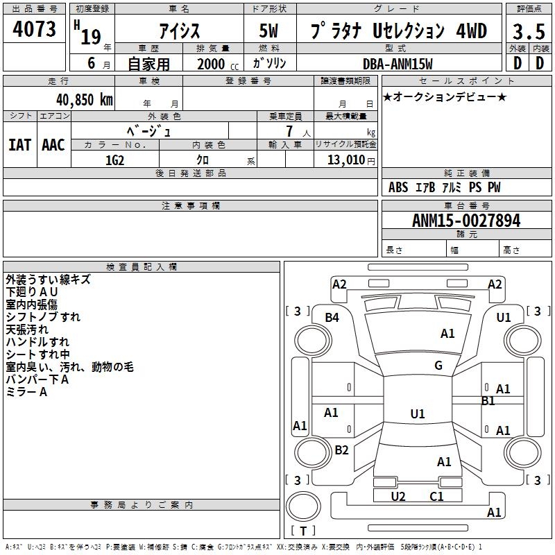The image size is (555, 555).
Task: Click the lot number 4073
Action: [x=34, y=29]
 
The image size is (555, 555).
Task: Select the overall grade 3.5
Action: [x=529, y=32]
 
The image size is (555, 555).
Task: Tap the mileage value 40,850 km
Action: [x=85, y=100]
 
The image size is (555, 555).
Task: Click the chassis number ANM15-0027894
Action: [x=466, y=221]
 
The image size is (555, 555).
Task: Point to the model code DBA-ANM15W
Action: [x=398, y=64]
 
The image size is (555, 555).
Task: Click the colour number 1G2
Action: [x=114, y=160]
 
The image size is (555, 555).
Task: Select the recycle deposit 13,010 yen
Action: [x=351, y=160]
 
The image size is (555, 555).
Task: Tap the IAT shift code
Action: [x=19, y=145]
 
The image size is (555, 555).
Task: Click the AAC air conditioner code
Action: [x=53, y=145]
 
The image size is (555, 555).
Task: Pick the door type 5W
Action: [x=268, y=31]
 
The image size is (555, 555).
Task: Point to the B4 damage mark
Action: [x=332, y=318]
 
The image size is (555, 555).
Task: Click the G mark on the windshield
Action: [x=438, y=365]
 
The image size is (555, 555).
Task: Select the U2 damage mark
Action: [x=398, y=496]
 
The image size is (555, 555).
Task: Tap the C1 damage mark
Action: [x=436, y=496]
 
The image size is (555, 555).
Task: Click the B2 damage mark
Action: [x=341, y=450]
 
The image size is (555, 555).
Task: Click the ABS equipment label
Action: [x=398, y=187]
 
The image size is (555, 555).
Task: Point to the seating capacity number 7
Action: [x=289, y=131]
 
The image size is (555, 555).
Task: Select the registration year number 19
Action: [x=91, y=37]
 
